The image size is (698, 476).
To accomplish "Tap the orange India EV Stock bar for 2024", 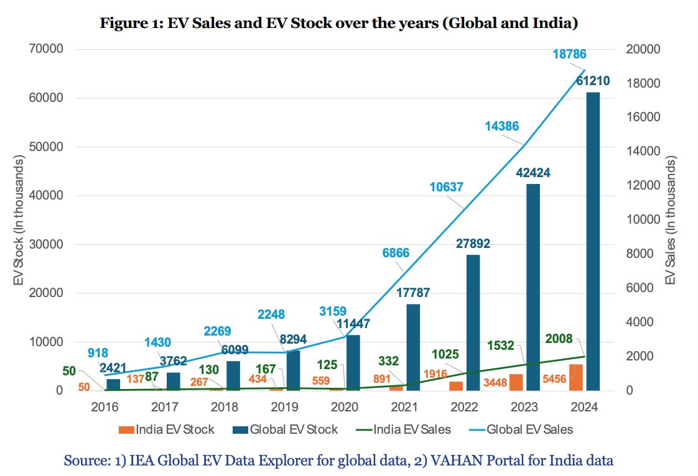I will pos(576,377).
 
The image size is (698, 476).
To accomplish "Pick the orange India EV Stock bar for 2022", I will pos(456,386).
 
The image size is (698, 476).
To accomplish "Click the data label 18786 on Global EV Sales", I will pos(569,55).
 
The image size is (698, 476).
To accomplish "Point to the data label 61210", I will pos(592,81).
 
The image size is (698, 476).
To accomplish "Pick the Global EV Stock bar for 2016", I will pos(114,385).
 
